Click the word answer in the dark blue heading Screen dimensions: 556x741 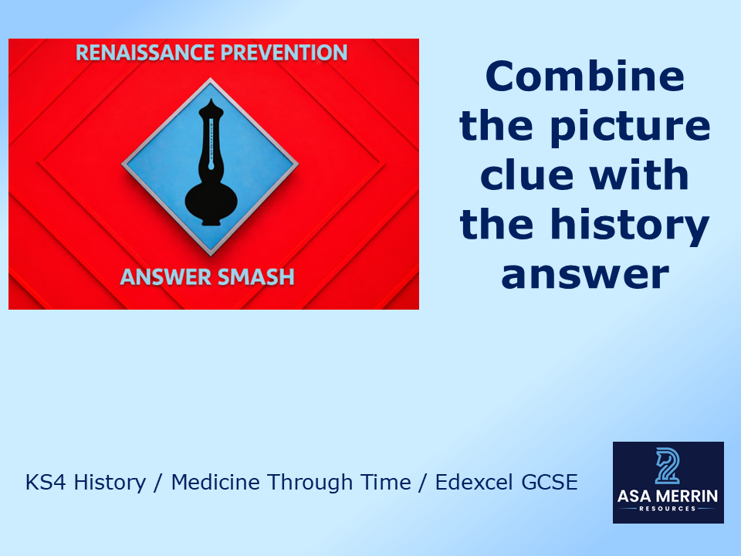coord(584,275)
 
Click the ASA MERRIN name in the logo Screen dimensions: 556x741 coord(668,495)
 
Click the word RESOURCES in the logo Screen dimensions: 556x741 coord(668,508)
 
